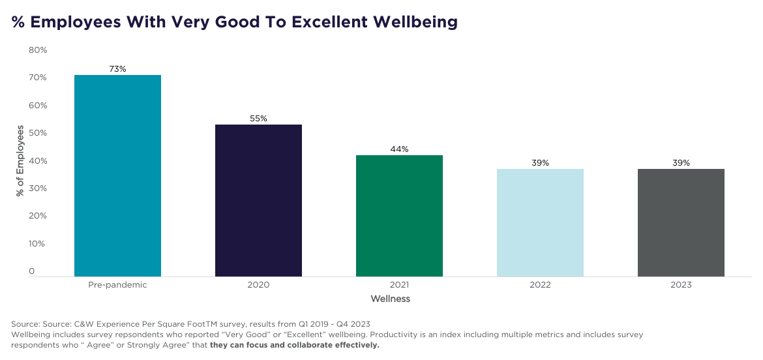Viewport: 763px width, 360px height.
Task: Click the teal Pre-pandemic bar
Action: (117, 176)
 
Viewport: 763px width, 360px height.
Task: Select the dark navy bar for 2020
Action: (258, 200)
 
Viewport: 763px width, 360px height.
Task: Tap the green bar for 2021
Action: (399, 216)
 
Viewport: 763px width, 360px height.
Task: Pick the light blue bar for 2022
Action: (540, 222)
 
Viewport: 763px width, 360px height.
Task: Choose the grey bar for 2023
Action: (681, 222)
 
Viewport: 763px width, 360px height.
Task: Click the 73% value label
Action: (117, 68)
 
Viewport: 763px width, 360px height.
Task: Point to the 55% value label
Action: (258, 118)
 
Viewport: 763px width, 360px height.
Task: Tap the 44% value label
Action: (399, 149)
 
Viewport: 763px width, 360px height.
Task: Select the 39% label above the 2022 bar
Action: (540, 162)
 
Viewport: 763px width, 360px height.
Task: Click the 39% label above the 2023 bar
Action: (681, 162)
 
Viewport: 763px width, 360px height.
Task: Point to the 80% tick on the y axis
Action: (37, 50)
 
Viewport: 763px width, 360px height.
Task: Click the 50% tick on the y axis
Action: (37, 133)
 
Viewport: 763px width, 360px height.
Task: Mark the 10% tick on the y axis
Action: (37, 244)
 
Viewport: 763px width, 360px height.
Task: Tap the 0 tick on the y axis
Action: (31, 271)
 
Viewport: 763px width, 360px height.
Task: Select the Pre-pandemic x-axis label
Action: (117, 285)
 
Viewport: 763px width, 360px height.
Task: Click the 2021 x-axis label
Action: (399, 285)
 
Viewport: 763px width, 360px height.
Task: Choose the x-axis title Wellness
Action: (390, 299)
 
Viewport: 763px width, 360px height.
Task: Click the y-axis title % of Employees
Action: (20, 161)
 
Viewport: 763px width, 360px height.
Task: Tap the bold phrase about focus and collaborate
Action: (295, 345)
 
